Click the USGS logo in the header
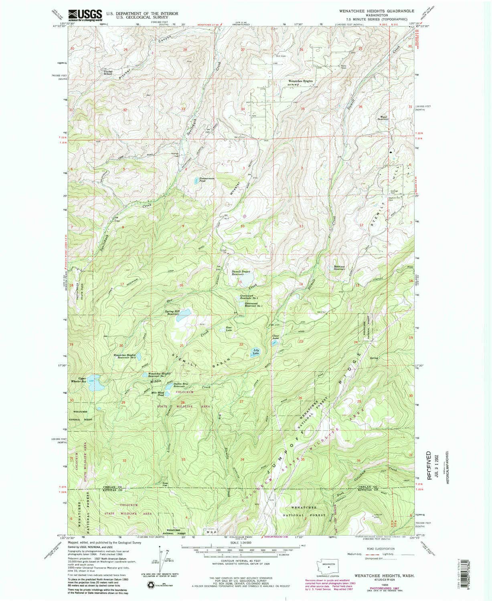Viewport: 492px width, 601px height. pos(85,15)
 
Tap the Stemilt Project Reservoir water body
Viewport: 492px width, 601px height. pos(245,277)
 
